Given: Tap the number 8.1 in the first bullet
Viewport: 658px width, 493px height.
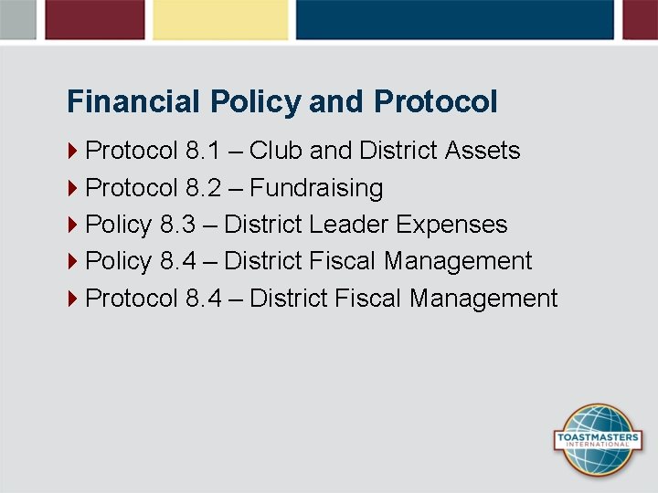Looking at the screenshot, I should pyautogui.click(x=206, y=151).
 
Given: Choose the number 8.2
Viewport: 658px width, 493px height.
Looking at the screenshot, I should pyautogui.click(x=206, y=188).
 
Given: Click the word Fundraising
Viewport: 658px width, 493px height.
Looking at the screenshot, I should pyautogui.click(x=316, y=188).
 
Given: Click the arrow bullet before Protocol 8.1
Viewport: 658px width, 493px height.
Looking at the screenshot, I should pyautogui.click(x=73, y=151).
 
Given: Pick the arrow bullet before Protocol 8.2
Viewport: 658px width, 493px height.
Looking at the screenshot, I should pyautogui.click(x=73, y=188).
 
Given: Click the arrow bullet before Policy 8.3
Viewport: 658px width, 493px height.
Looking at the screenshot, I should pyautogui.click(x=73, y=225).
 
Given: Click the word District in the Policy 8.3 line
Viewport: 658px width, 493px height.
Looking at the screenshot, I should pyautogui.click(x=263, y=225).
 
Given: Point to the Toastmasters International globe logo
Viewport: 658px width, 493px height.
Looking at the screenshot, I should pyautogui.click(x=597, y=440).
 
